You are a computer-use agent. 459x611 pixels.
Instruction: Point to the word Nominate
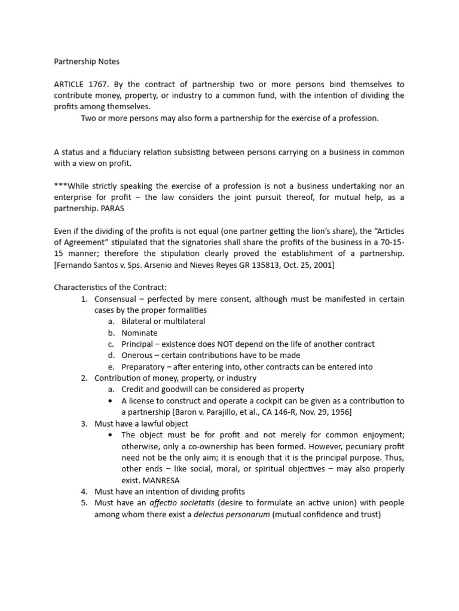[x=139, y=333]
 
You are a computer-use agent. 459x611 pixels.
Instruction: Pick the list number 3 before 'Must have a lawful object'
[x=84, y=424]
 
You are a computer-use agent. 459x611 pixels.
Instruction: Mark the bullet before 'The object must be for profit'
[x=111, y=435]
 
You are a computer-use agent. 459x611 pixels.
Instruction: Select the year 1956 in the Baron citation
[x=338, y=412]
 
